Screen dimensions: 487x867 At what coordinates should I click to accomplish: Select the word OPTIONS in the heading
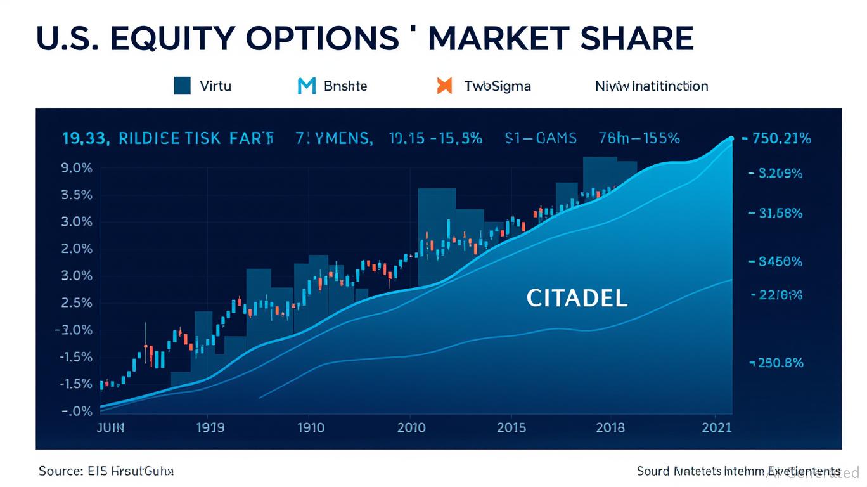[323, 39]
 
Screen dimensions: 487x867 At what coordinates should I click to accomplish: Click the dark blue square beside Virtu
[183, 86]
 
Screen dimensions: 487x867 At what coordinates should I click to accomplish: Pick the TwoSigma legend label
[497, 86]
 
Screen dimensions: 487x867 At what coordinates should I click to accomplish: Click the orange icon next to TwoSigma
[445, 86]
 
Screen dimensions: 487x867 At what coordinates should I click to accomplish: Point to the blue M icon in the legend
[306, 86]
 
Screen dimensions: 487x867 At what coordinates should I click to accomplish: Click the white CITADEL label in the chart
[577, 298]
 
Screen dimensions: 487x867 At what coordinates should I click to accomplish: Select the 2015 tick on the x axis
[511, 427]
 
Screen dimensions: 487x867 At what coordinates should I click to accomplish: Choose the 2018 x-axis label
[610, 427]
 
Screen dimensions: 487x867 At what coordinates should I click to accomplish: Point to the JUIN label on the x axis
[111, 427]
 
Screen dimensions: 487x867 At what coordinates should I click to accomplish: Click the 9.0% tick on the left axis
[76, 169]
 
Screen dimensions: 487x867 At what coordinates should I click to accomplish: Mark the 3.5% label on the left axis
[76, 195]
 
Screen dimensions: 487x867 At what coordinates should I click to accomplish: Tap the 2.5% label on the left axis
[76, 303]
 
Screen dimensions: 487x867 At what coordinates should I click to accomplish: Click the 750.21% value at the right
[781, 139]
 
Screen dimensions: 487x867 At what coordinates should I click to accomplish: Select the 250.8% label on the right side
[779, 363]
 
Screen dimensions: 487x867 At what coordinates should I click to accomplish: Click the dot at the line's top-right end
[731, 138]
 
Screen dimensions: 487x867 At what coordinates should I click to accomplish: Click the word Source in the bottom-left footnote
[60, 471]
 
